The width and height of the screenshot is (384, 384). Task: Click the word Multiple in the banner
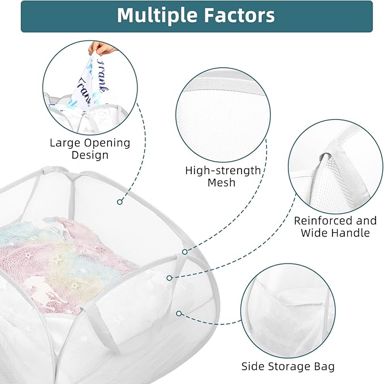pyautogui.click(x=157, y=15)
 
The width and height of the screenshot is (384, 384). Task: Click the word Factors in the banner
pyautogui.click(x=239, y=15)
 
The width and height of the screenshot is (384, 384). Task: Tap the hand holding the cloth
pyautogui.click(x=102, y=48)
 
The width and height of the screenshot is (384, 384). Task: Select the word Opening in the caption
pyautogui.click(x=107, y=143)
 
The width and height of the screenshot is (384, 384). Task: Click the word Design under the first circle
pyautogui.click(x=90, y=155)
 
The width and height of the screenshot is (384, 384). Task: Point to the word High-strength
pyautogui.click(x=223, y=171)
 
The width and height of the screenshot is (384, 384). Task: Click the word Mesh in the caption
pyautogui.click(x=221, y=183)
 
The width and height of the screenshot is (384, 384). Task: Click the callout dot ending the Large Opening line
pyautogui.click(x=120, y=202)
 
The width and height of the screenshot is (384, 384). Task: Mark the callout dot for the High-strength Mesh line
pyautogui.click(x=185, y=252)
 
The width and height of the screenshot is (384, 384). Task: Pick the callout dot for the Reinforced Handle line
pyautogui.click(x=169, y=278)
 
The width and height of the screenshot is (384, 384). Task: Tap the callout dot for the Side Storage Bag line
pyautogui.click(x=179, y=313)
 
